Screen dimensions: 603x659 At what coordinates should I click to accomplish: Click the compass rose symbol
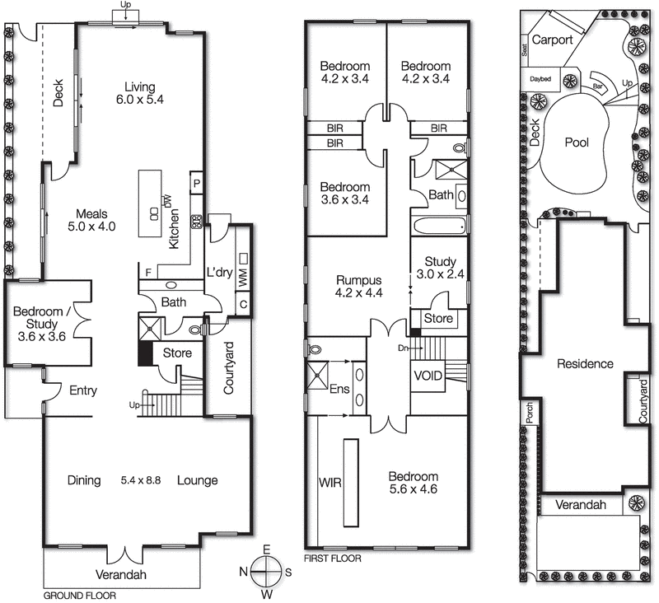[x=265, y=570]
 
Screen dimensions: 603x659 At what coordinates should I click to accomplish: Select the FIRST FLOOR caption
[x=332, y=558]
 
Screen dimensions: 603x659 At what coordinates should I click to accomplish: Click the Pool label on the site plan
[x=577, y=143]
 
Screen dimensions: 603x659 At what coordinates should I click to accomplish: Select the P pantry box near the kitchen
[x=198, y=182]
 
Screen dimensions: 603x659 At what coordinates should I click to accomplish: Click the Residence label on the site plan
[x=585, y=363]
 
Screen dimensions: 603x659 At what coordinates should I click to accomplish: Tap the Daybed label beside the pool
[x=540, y=79]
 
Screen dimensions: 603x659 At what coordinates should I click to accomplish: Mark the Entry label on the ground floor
[x=83, y=390]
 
